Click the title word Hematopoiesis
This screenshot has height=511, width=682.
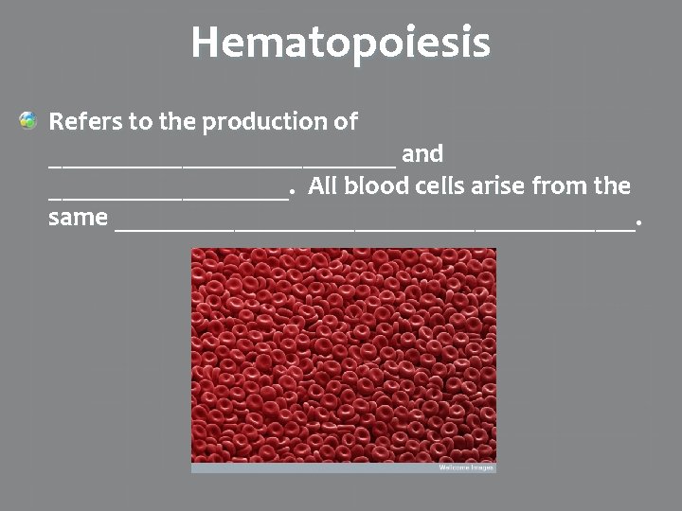point(341,43)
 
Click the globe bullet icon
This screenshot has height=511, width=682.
point(28,121)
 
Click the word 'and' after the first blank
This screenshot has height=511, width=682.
point(422,153)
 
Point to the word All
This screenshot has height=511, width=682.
point(323,185)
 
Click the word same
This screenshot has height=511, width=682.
point(78,218)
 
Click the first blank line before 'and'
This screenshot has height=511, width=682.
point(222,163)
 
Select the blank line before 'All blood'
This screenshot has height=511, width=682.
point(167,196)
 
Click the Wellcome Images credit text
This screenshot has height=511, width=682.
point(466,467)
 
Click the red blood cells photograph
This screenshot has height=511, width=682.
point(343,355)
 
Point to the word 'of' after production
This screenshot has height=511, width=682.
point(346,122)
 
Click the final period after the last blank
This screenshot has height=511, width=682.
point(639,224)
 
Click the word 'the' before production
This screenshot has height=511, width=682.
point(177,122)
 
